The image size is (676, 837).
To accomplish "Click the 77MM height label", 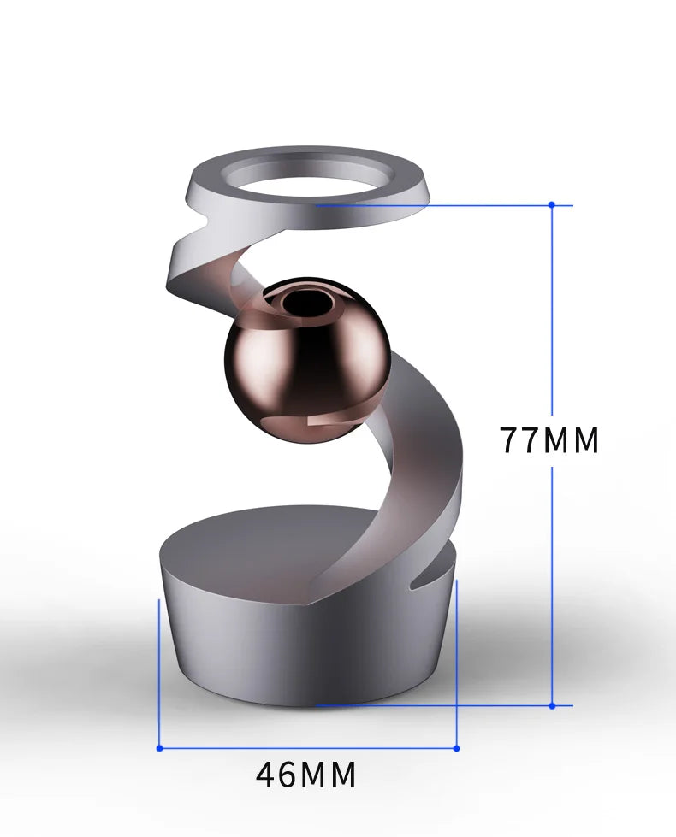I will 549,440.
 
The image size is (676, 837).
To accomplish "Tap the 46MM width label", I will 305,775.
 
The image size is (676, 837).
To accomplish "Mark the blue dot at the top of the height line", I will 552,204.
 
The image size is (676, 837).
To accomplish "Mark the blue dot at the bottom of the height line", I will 552,705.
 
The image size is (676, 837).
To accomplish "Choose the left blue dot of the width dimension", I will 159,748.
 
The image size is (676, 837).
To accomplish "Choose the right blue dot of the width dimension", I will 456,748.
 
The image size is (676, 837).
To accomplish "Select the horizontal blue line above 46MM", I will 308,748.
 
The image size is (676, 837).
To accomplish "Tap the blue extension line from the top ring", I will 428,205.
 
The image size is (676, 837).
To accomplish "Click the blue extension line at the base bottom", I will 428,705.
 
